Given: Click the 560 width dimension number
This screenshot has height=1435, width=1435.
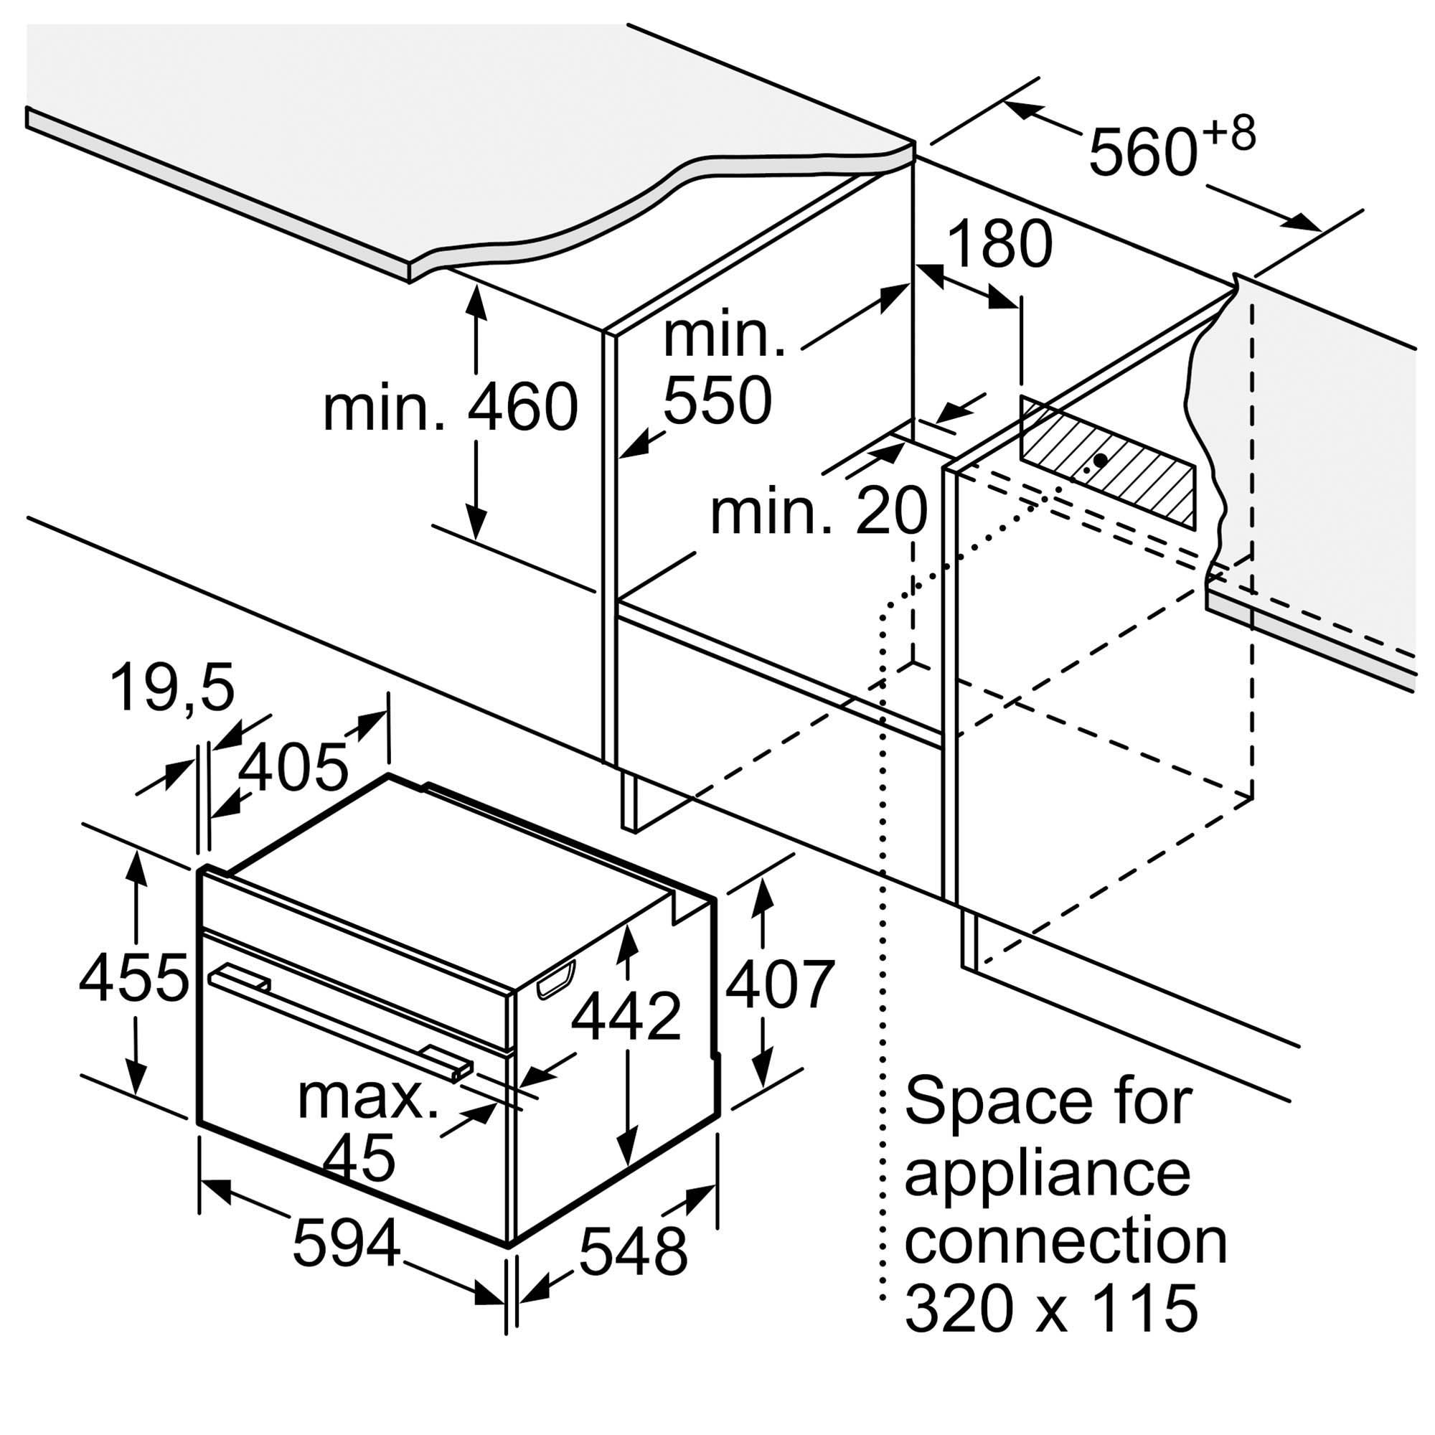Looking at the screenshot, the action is (1143, 151).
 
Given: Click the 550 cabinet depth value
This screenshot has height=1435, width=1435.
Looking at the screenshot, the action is (717, 400).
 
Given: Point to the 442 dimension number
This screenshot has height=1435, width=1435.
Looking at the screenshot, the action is (626, 1016).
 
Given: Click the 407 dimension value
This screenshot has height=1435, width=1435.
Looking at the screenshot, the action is (780, 984).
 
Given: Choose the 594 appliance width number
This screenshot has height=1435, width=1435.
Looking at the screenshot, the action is (347, 1243).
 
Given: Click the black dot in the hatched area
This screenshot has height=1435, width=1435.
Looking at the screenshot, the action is (1101, 461).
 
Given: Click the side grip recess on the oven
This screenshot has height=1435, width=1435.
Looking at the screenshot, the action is (555, 979).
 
